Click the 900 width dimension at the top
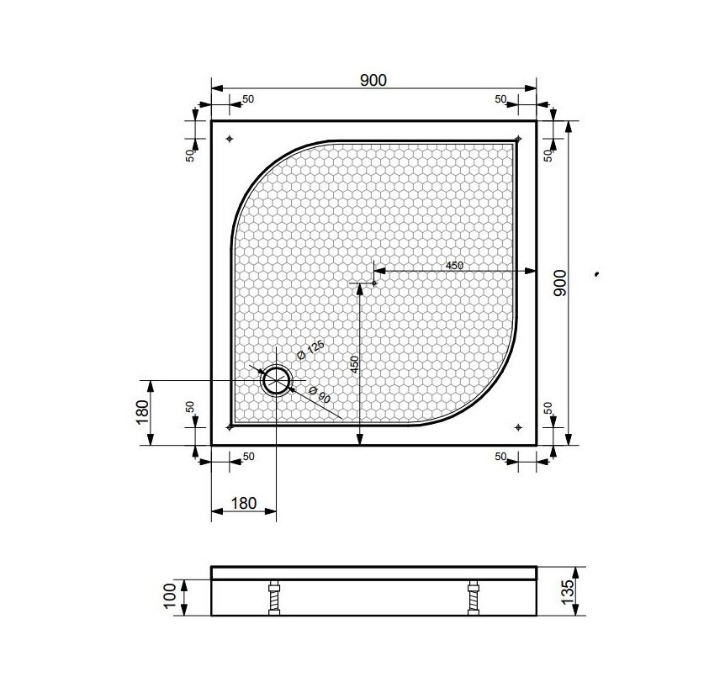[373, 81]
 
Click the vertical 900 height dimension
[560, 283]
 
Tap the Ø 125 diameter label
[310, 350]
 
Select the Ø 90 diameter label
[319, 394]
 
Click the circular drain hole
[277, 380]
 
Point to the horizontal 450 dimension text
[454, 266]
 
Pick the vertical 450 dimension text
[355, 365]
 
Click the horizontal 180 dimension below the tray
[244, 503]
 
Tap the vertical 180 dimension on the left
[143, 411]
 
